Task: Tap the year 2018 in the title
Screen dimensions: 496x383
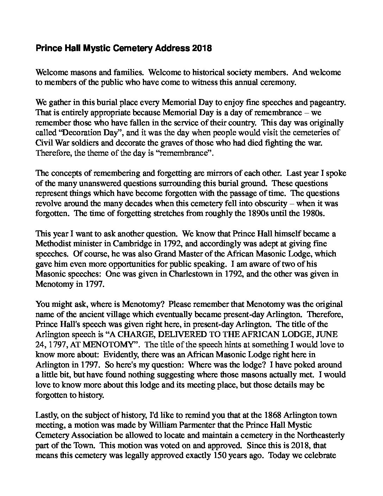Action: click(202, 49)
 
